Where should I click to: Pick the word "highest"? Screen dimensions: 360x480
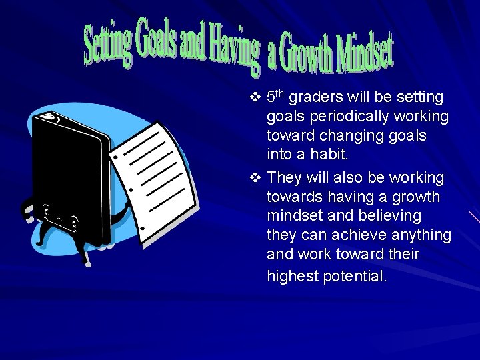292,275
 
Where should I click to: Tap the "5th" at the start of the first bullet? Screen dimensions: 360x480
275,97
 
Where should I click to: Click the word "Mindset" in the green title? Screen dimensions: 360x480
365,55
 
